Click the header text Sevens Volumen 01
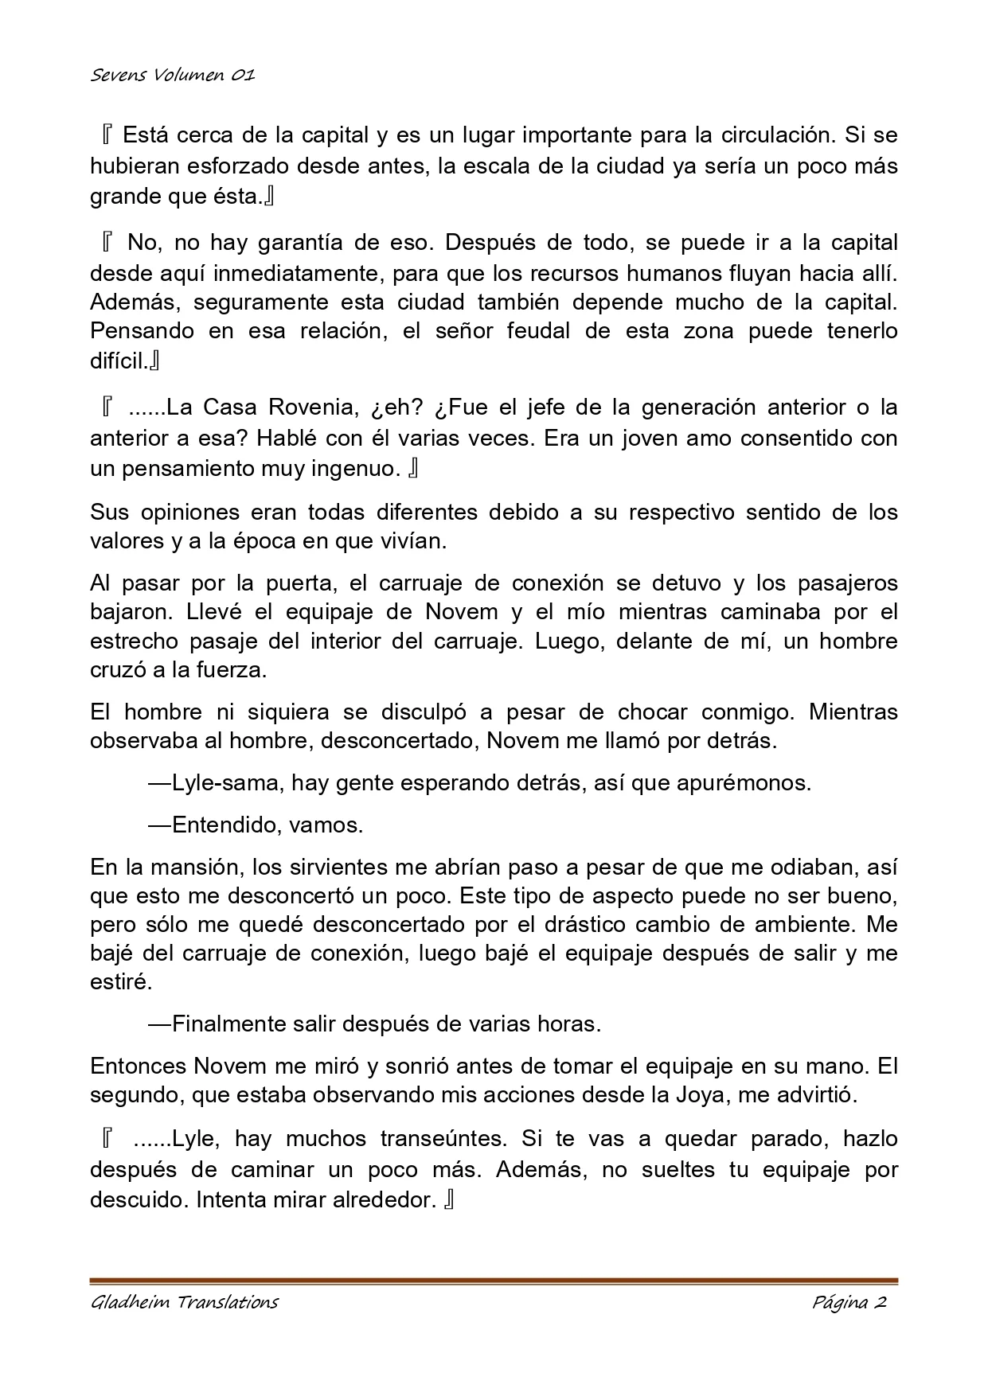[x=172, y=76]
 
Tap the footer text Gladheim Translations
[x=184, y=1302]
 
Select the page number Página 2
[x=849, y=1302]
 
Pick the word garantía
[x=263, y=242]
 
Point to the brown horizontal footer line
[x=494, y=1281]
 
